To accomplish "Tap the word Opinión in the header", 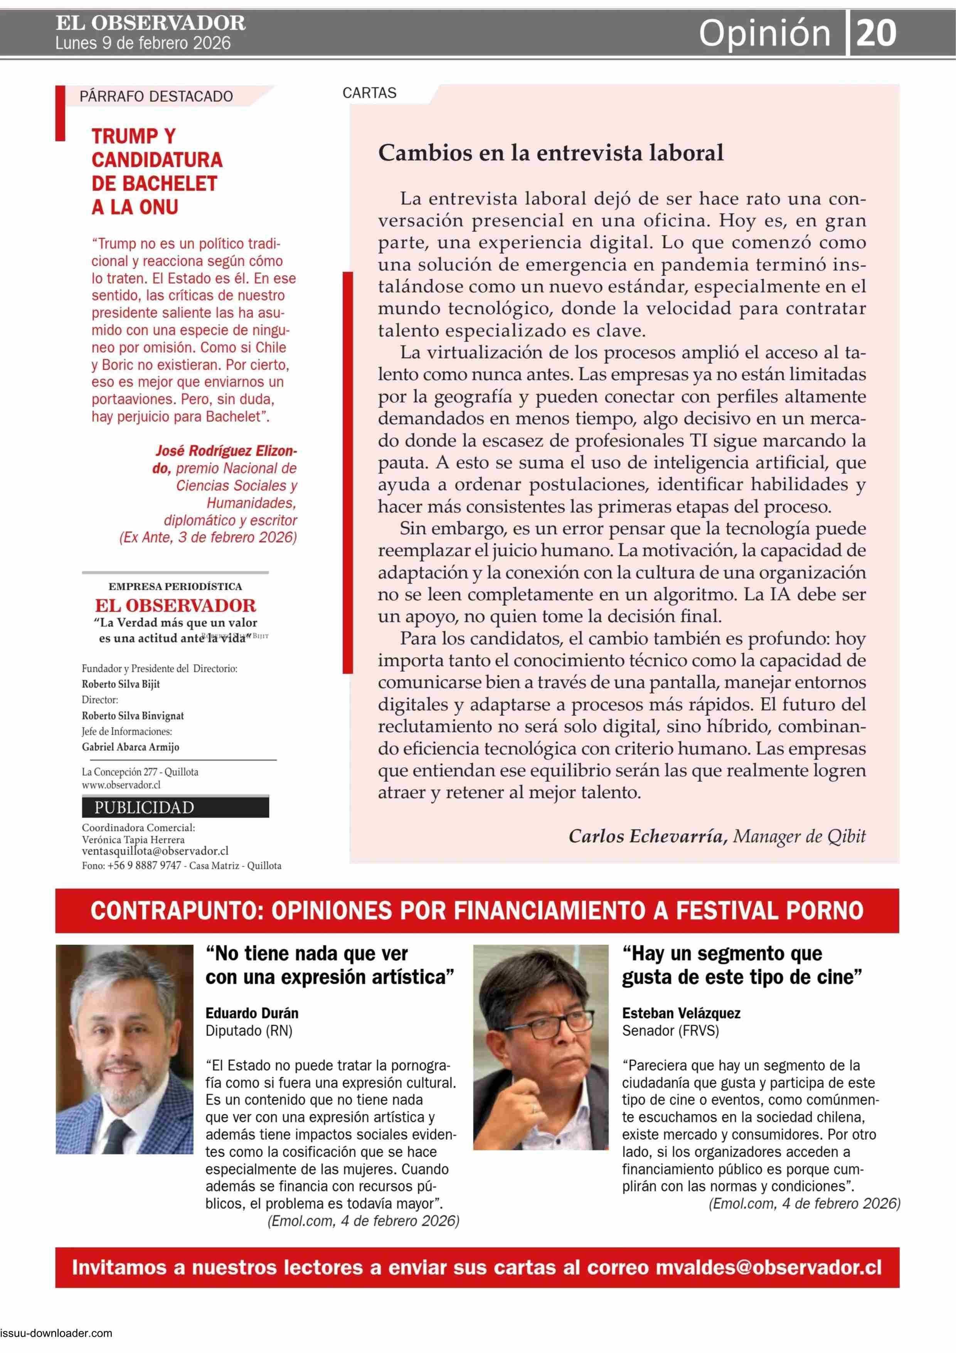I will tap(764, 34).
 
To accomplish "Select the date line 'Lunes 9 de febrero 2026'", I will tap(143, 44).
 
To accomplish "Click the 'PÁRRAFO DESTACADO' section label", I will tap(156, 96).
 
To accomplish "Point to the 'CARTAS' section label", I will tap(369, 93).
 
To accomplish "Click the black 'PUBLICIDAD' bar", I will tap(175, 807).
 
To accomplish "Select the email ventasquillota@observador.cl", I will tap(155, 851).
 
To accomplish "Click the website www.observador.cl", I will tap(121, 785).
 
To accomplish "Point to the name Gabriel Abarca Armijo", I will tap(130, 747).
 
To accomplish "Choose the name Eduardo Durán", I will tap(251, 1013).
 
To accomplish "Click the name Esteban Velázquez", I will tap(681, 1013).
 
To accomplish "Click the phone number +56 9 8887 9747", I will tap(144, 865).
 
